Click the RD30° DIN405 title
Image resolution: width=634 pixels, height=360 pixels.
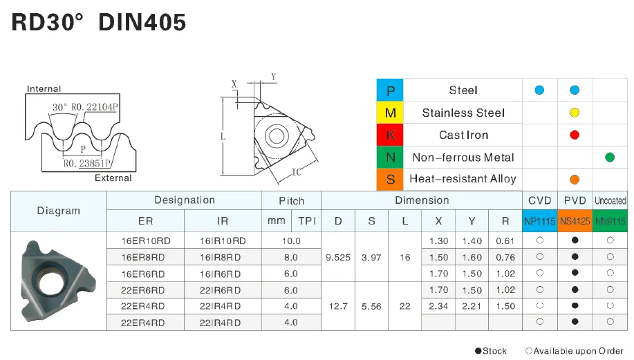pyautogui.click(x=99, y=23)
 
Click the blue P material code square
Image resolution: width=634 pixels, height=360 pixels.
pyautogui.click(x=390, y=91)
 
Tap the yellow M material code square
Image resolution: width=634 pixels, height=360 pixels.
pyautogui.click(x=390, y=113)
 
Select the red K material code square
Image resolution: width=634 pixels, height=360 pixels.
pyautogui.click(x=390, y=135)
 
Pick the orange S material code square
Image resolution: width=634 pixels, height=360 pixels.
pyautogui.click(x=390, y=179)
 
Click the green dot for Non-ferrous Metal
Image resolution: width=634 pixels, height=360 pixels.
pyautogui.click(x=609, y=158)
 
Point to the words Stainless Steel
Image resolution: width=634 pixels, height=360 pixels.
pyautogui.click(x=463, y=113)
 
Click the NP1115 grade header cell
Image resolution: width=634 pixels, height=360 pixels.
pyautogui.click(x=539, y=221)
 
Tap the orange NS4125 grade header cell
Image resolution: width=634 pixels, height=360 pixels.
pyautogui.click(x=575, y=221)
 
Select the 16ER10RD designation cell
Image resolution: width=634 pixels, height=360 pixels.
pyautogui.click(x=146, y=241)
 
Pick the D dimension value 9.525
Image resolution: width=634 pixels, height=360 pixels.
pyautogui.click(x=338, y=257)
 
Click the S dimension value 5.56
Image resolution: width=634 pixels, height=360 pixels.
pyautogui.click(x=372, y=306)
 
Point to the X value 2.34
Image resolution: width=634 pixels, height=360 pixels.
pyautogui.click(x=439, y=306)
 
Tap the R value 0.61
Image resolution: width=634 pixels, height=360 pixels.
pyautogui.click(x=505, y=241)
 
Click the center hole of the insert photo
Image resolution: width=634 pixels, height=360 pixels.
pyautogui.click(x=48, y=282)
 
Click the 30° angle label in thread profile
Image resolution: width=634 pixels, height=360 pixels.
pyautogui.click(x=60, y=107)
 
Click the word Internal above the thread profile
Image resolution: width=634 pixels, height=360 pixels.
pyautogui.click(x=44, y=88)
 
